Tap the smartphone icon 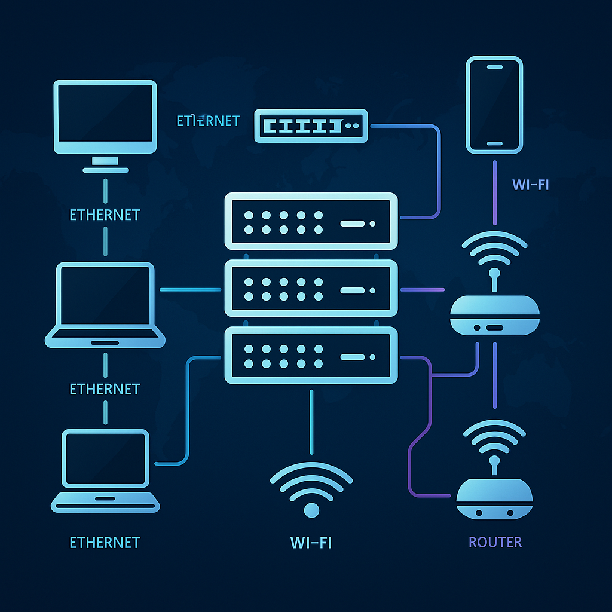click(494, 105)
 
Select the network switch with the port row click(311, 126)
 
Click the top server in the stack click(311, 221)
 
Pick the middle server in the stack click(311, 289)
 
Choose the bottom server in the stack click(311, 356)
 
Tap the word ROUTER click(495, 543)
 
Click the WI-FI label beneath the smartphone click(530, 185)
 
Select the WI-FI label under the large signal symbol click(311, 543)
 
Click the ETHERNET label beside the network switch click(208, 121)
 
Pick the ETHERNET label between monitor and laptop click(105, 215)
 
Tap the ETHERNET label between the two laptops click(105, 389)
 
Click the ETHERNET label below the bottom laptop click(105, 543)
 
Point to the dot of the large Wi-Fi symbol click(311, 510)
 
